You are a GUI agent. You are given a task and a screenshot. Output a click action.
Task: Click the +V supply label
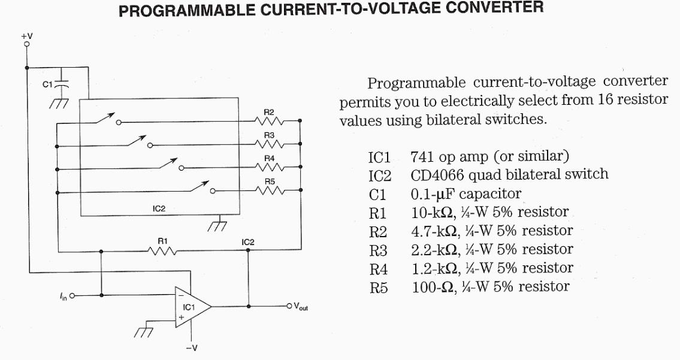click(27, 37)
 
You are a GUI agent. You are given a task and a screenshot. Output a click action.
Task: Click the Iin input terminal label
click(64, 295)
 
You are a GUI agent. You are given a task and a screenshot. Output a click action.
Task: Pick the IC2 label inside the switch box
click(159, 208)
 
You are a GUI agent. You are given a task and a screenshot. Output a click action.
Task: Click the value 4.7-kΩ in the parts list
click(434, 231)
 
